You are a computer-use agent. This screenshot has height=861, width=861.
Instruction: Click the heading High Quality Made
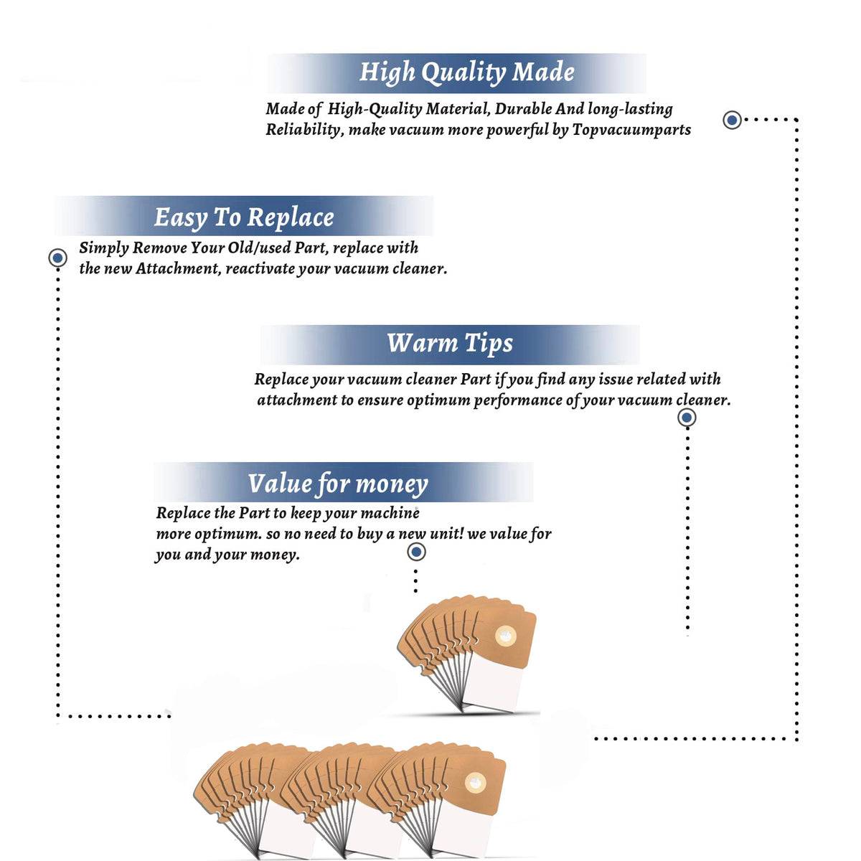[466, 72]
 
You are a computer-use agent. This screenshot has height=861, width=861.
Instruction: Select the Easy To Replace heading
[244, 217]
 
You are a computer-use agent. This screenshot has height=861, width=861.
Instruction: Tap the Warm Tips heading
[449, 344]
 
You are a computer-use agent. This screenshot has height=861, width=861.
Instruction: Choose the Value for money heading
[338, 484]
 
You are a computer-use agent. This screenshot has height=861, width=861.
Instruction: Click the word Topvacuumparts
[631, 130]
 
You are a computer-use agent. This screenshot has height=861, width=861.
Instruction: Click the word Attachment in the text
[178, 268]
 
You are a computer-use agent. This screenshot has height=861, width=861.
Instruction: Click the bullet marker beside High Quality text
[732, 120]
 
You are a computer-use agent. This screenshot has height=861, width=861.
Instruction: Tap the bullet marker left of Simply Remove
[57, 258]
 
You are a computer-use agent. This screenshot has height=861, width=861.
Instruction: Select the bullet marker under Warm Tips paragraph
[687, 418]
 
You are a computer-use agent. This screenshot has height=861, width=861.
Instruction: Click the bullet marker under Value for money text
[416, 552]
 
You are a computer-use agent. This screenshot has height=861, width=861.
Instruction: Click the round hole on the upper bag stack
[506, 636]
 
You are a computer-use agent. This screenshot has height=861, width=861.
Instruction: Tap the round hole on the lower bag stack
[475, 782]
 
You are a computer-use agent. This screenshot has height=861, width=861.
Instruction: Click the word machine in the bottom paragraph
[390, 513]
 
